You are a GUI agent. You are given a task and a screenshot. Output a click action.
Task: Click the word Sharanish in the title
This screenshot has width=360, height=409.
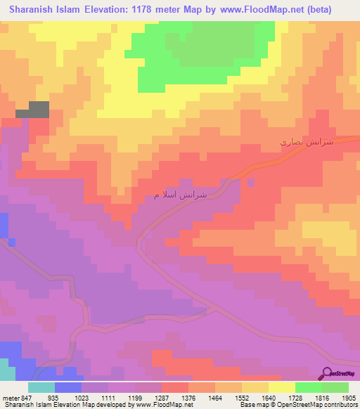pyautogui.click(x=36, y=10)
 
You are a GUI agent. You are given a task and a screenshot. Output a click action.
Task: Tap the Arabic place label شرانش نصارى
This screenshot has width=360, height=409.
pyautogui.click(x=305, y=142)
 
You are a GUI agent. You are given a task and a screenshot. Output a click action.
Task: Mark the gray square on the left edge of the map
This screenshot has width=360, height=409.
pyautogui.click(x=39, y=110)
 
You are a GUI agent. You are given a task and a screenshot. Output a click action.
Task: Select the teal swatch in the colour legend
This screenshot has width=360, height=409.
pyautogui.click(x=41, y=387)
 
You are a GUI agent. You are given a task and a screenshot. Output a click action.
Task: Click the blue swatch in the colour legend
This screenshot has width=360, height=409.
pyautogui.click(x=68, y=387)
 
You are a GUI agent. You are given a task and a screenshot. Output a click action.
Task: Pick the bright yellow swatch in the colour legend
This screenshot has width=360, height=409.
pyautogui.click(x=282, y=387)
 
